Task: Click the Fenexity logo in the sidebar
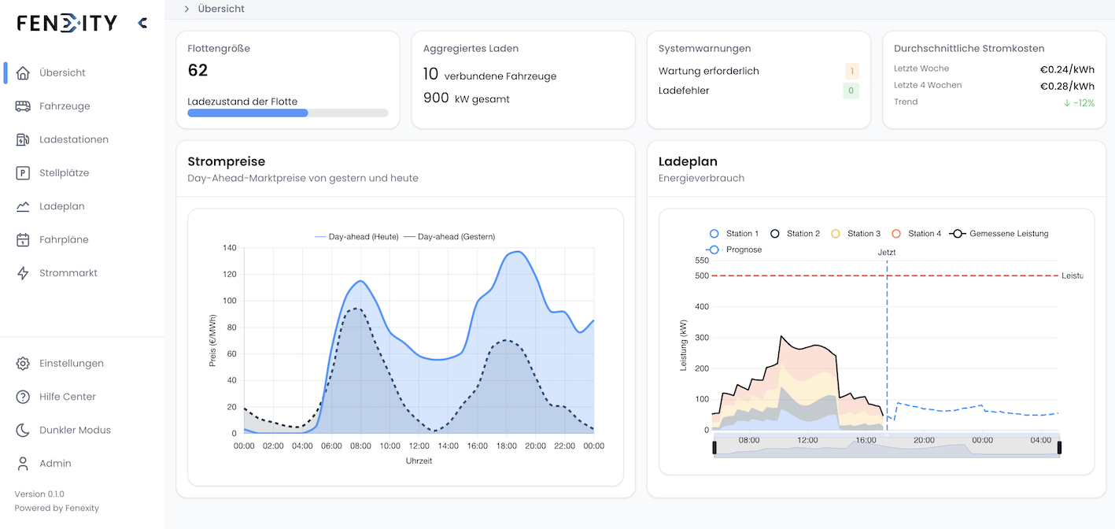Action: coord(67,23)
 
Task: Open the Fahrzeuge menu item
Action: coord(65,106)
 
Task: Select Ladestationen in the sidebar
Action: coord(74,139)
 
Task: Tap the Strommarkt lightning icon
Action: coord(23,273)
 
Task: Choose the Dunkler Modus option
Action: coord(75,430)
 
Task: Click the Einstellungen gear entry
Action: coord(71,364)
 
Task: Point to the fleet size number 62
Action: coord(198,70)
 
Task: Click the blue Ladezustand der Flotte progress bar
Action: coord(248,113)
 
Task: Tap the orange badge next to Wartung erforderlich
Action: coord(851,71)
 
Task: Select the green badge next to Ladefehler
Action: coord(851,91)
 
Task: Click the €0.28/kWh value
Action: coord(1067,86)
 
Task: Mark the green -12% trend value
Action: coord(1079,102)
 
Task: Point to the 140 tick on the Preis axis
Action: coord(229,248)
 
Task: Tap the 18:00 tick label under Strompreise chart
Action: coord(507,446)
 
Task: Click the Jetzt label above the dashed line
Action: coord(887,253)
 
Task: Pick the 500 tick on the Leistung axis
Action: coord(701,276)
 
